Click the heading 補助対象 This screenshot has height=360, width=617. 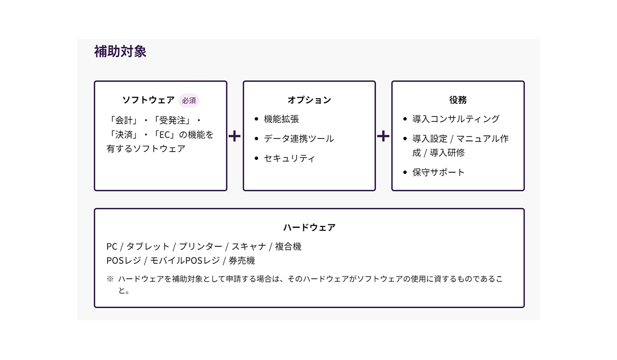pyautogui.click(x=120, y=52)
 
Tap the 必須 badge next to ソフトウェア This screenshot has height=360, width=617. pyautogui.click(x=189, y=100)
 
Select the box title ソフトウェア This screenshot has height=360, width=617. pyautogui.click(x=149, y=100)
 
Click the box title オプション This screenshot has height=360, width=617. pyautogui.click(x=309, y=100)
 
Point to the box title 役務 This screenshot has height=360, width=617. pyautogui.click(x=458, y=100)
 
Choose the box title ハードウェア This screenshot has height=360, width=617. pyautogui.click(x=309, y=227)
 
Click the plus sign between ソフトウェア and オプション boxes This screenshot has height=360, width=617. pyautogui.click(x=234, y=136)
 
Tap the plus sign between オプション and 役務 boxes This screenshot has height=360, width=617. pyautogui.click(x=383, y=136)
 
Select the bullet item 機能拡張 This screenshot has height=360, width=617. pyautogui.click(x=281, y=119)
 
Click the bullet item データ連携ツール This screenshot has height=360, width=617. pyautogui.click(x=299, y=139)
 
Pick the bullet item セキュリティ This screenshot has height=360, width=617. pyautogui.click(x=289, y=158)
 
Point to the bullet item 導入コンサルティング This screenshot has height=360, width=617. pyautogui.click(x=456, y=119)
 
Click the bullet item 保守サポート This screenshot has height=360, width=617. pyautogui.click(x=438, y=172)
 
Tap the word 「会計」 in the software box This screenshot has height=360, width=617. pyautogui.click(x=123, y=120)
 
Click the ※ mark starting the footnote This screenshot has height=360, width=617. pyautogui.click(x=110, y=279)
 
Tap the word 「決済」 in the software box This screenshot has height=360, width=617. pyautogui.click(x=123, y=135)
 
